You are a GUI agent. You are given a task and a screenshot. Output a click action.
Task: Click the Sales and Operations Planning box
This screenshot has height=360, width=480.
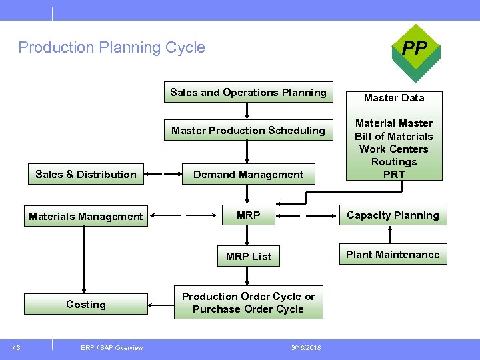pos(248,93)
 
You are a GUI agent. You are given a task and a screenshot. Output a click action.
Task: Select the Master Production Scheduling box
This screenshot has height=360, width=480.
pos(248,131)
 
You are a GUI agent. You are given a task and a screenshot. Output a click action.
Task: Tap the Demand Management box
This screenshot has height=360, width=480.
pos(248,175)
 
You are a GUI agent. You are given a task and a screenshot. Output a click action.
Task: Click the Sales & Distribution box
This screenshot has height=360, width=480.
pos(85,175)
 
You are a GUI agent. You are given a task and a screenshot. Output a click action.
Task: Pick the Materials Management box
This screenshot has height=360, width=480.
pos(85,216)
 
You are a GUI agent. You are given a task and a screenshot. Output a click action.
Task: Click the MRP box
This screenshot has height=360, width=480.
pos(248,215)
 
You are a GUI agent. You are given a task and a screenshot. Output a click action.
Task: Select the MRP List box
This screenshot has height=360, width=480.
pos(248,256)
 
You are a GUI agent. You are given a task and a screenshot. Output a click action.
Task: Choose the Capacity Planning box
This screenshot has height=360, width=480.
pos(393,215)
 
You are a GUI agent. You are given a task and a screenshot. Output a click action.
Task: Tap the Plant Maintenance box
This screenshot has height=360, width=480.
pos(393,255)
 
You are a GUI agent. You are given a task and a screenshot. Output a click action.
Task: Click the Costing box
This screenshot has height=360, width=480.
pos(85,305)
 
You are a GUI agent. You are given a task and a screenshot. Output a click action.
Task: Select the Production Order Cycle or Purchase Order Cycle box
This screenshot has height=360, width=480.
pos(248,303)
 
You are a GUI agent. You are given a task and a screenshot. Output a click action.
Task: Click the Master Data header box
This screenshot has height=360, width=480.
pos(394,98)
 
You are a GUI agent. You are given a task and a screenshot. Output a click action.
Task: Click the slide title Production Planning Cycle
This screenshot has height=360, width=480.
pos(112,47)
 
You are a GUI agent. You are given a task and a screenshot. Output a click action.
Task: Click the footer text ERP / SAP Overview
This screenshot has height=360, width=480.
pos(111,347)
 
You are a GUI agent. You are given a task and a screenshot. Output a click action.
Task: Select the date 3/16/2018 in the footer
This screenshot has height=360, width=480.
pos(306,347)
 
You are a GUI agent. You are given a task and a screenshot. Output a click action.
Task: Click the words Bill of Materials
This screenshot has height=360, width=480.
pos(394,136)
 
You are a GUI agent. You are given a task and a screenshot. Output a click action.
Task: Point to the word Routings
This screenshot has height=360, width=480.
pos(394,162)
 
